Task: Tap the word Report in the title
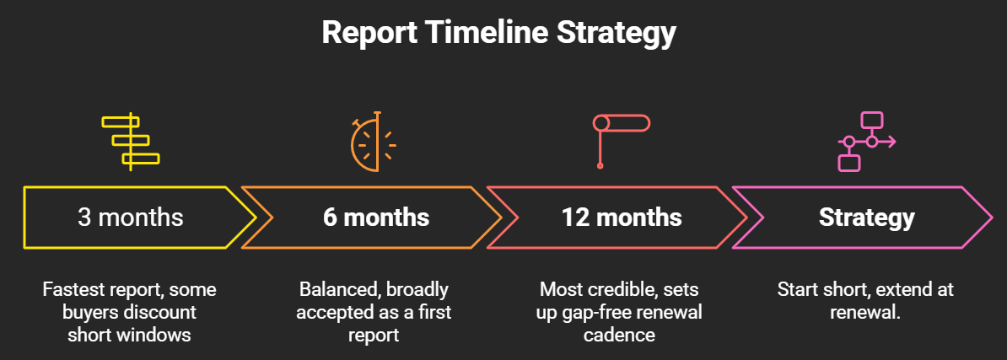(369, 34)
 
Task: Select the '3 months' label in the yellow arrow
(131, 218)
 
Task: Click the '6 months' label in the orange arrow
(376, 218)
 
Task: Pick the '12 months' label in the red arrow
(622, 218)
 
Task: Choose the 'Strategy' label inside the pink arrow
(866, 218)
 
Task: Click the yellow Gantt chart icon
(131, 142)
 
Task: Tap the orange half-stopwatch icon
(374, 142)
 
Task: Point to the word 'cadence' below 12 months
(619, 336)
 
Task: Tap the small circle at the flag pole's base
(600, 166)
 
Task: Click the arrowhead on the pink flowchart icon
(892, 142)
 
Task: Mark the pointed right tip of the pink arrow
(993, 218)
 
